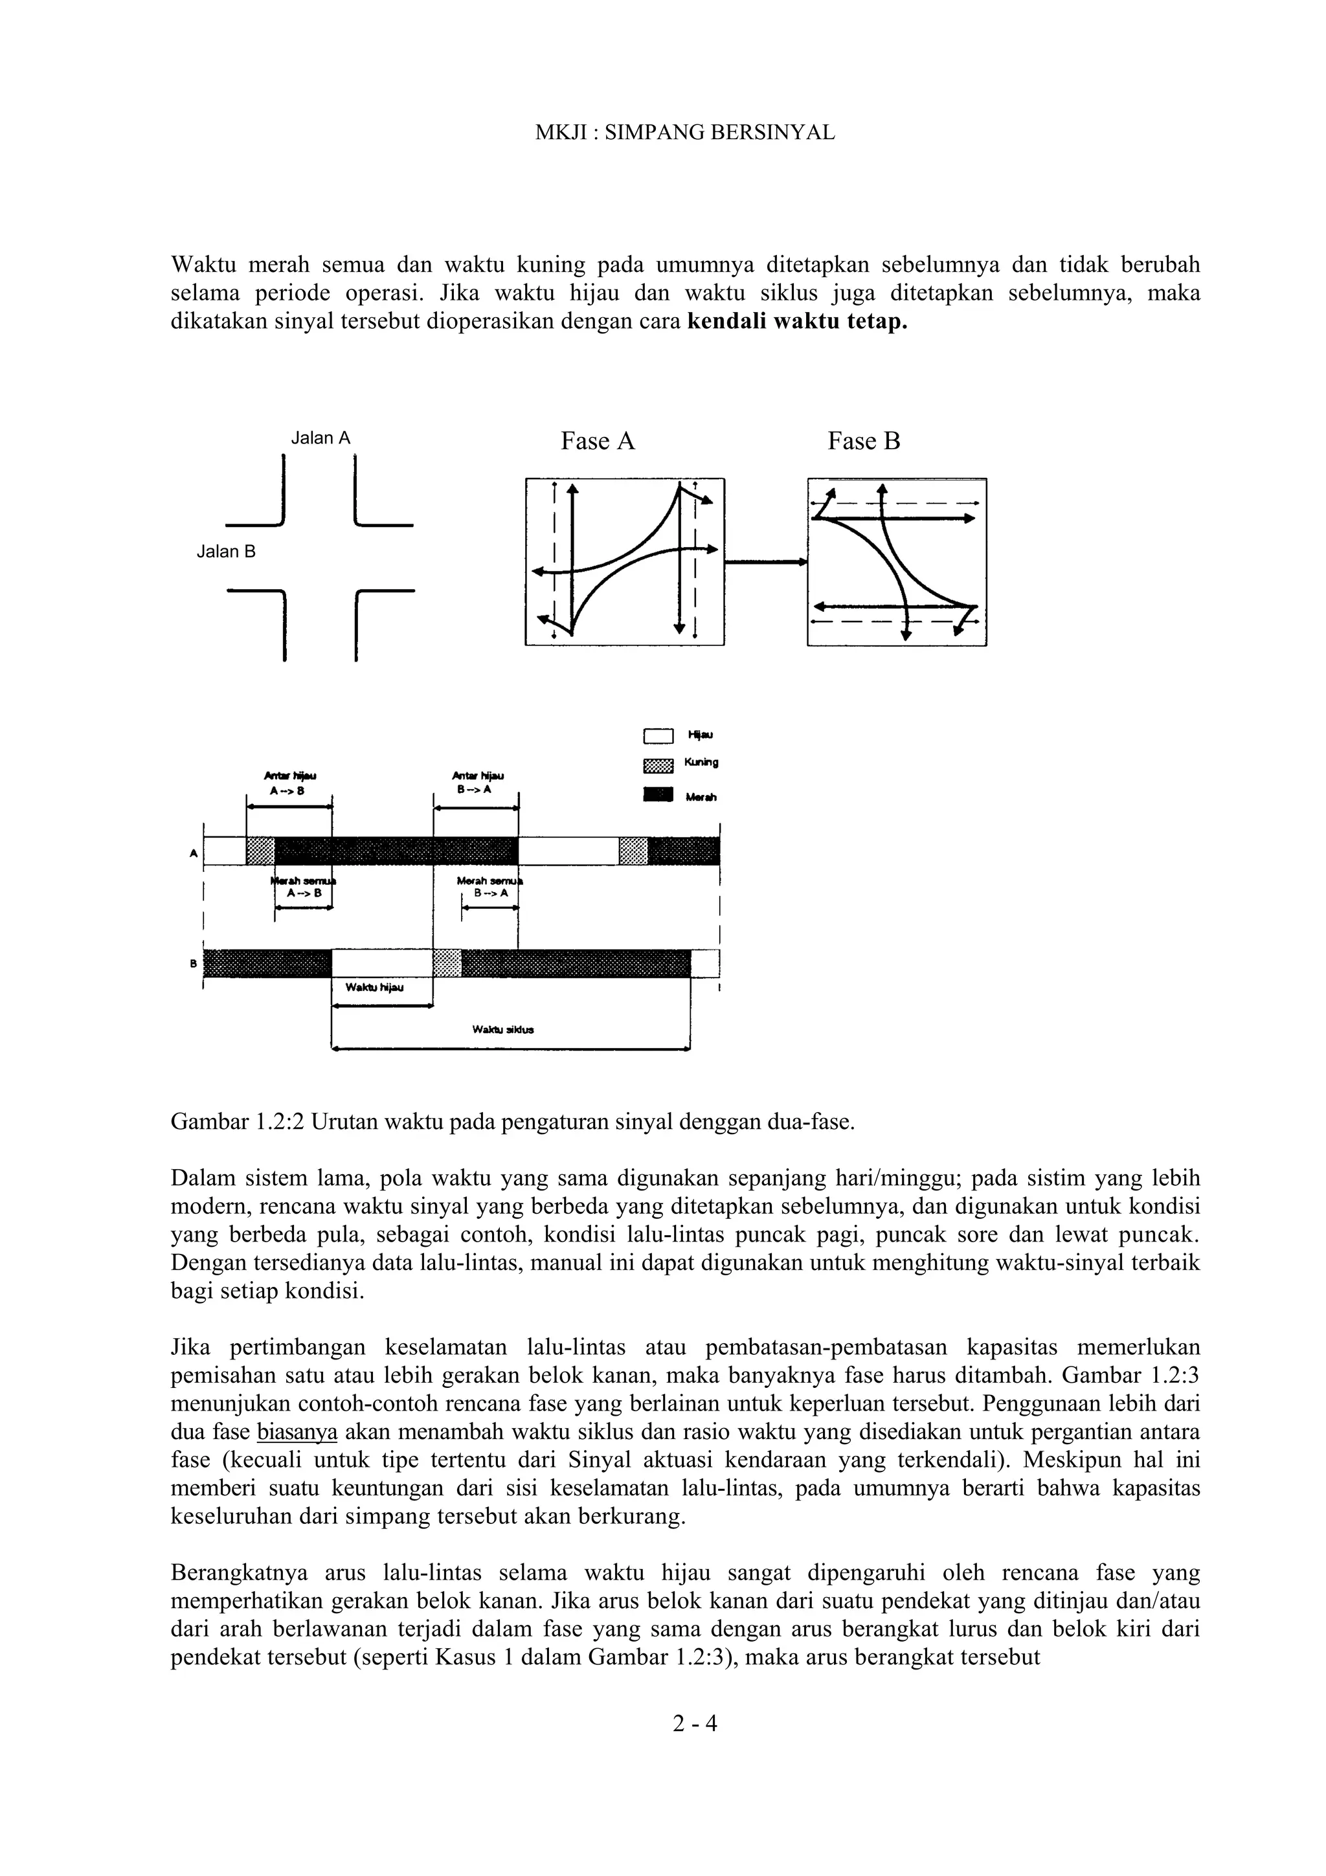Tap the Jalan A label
point(321,438)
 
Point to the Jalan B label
point(227,552)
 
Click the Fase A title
point(598,441)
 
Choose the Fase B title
point(864,441)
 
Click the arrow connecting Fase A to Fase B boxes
point(765,561)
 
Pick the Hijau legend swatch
point(658,736)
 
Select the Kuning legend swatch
point(658,766)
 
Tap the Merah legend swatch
point(658,795)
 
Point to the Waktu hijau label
point(374,988)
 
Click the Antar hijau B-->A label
point(477,782)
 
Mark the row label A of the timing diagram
point(194,853)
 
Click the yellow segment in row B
point(447,963)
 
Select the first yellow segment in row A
point(260,851)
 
